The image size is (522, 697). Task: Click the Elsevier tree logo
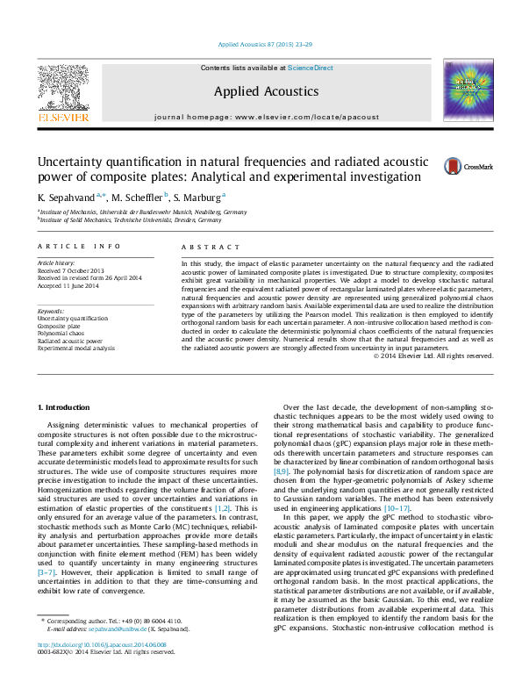62,91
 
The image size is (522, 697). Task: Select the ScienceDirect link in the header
311,68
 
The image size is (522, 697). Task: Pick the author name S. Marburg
197,197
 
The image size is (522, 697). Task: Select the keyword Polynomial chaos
62,333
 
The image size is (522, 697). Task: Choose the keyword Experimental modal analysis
75,348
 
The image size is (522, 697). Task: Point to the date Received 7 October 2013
70,270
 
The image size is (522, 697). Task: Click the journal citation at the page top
260,43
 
